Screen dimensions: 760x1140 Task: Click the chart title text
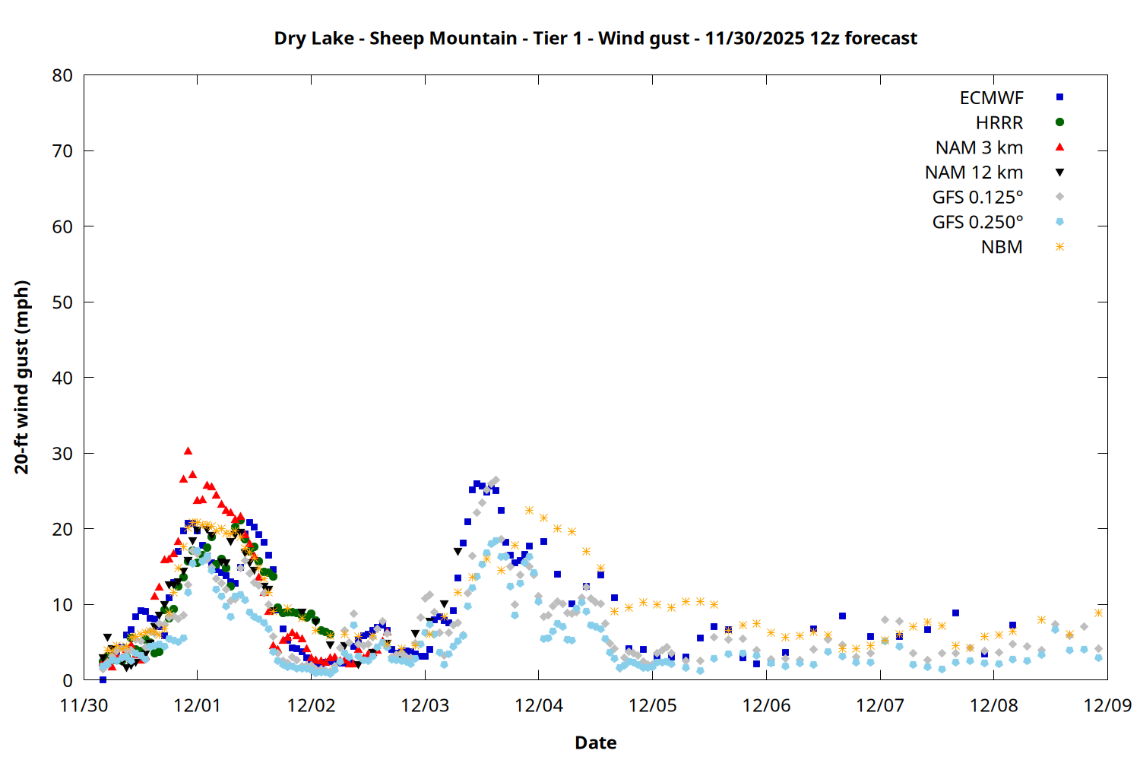pos(595,38)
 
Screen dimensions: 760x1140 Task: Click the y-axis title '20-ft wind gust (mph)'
pos(22,377)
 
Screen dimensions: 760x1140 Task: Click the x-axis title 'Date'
pos(595,743)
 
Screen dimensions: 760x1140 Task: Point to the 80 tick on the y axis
pos(63,75)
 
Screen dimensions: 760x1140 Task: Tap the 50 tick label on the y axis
pos(63,302)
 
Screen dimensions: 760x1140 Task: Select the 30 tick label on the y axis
pos(63,454)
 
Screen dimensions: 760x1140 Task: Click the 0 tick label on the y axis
pos(68,680)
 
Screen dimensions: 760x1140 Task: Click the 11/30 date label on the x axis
pos(84,705)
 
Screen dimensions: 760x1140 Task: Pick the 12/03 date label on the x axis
pos(425,705)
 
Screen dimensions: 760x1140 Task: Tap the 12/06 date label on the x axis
pos(766,705)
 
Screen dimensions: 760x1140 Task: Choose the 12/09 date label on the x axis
pos(1107,705)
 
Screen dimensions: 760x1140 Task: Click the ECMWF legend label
pos(991,98)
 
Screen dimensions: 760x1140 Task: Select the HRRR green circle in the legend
pos(1059,122)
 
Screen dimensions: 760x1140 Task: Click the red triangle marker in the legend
pos(1059,147)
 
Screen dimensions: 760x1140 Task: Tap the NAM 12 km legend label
pos(974,173)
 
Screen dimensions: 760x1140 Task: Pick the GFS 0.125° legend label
pos(977,198)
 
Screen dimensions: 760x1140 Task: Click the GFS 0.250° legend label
pos(977,223)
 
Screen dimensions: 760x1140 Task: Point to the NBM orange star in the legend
pos(1059,247)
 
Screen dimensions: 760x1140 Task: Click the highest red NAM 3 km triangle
pos(188,451)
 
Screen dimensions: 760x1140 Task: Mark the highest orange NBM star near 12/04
pos(529,511)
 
